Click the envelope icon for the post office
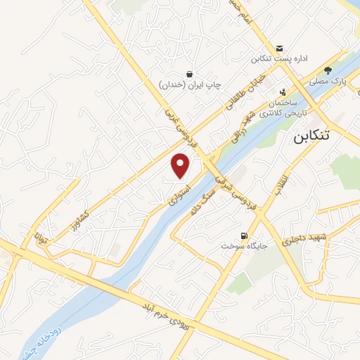click(280, 49)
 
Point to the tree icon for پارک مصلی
click(328, 70)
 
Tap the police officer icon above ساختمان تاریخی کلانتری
click(283, 91)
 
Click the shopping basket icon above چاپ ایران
click(189, 73)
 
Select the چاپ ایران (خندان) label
click(189, 84)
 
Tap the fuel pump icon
click(243, 235)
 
